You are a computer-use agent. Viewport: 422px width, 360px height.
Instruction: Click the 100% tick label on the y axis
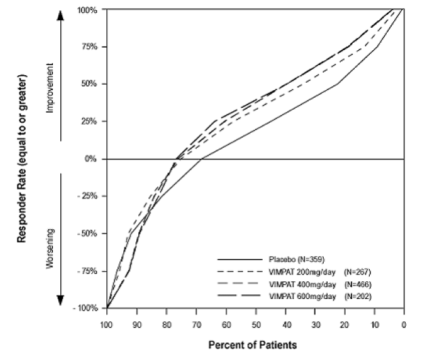87,10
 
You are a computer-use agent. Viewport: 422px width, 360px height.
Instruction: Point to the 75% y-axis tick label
89,47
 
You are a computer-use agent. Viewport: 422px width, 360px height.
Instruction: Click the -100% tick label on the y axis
85,308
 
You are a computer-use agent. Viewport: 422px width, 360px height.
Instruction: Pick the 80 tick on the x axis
166,325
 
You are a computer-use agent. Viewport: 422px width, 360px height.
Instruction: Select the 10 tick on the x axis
375,325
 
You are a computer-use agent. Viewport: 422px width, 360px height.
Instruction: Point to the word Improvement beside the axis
51,84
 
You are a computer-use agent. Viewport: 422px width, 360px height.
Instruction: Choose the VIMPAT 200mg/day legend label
303,271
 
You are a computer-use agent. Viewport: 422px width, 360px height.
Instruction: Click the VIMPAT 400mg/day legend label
303,283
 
